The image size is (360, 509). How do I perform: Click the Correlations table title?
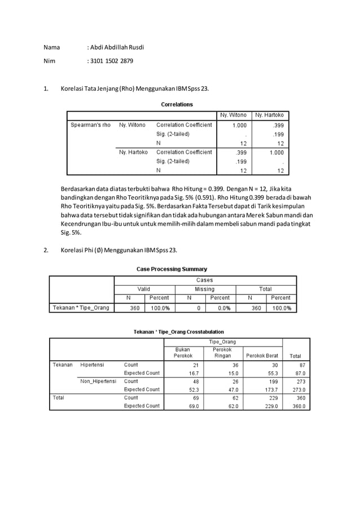tap(177, 104)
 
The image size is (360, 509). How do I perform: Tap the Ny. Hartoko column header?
tap(270, 115)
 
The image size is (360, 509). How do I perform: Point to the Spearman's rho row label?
tap(90, 125)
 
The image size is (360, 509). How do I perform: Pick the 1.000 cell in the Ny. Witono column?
tap(240, 125)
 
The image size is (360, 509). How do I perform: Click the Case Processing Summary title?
tap(172, 269)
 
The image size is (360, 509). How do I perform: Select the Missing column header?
tap(204, 289)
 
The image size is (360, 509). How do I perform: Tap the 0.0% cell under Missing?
tap(223, 308)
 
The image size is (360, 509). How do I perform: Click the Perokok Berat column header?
tap(261, 356)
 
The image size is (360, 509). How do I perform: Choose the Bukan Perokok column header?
tap(183, 353)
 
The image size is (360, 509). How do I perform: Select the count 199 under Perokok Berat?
tap(272, 381)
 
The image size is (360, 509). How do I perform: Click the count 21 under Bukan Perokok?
tap(195, 365)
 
